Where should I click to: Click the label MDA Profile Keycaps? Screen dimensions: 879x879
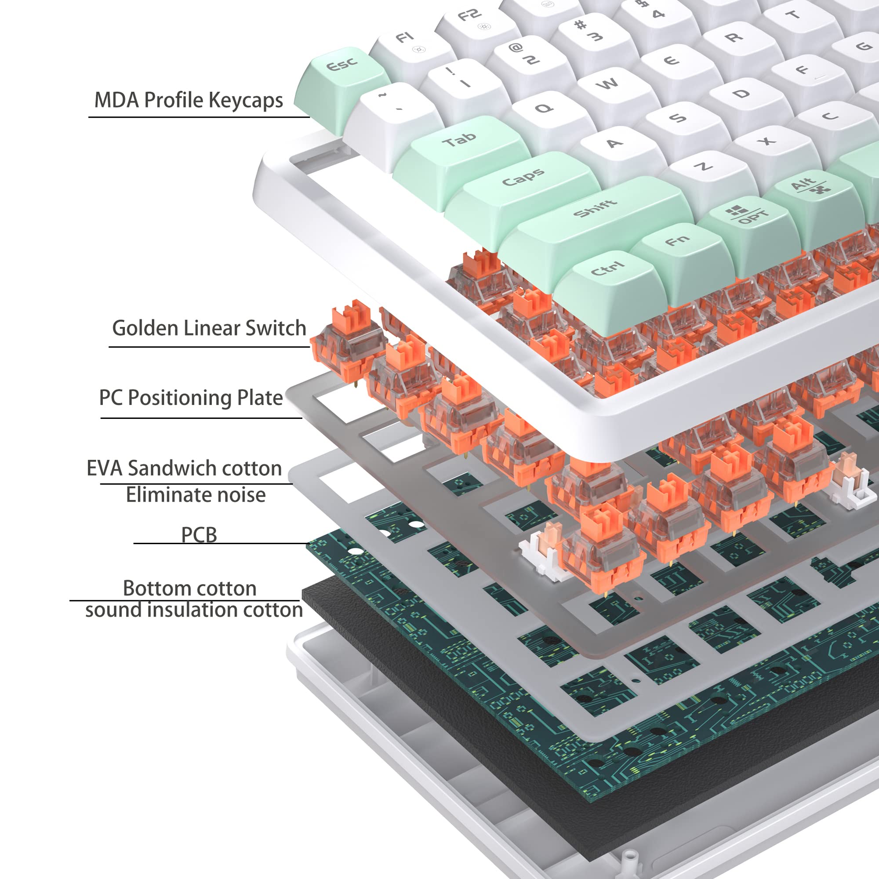coord(189,100)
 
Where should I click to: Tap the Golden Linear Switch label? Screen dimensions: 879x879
coord(209,328)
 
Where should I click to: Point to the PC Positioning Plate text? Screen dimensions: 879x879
coord(191,398)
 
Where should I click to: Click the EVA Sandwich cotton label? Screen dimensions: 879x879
coord(184,468)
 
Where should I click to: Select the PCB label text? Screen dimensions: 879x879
coord(199,535)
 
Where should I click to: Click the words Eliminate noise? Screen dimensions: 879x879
coord(196,495)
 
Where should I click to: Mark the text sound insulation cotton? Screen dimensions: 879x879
coord(194,610)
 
